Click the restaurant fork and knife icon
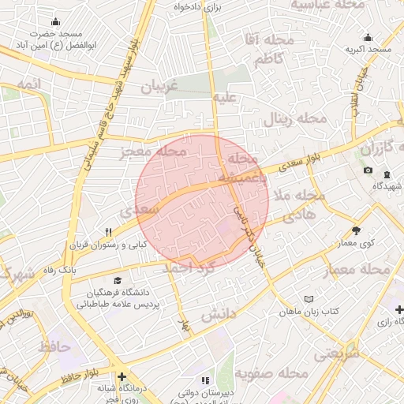click(109, 232)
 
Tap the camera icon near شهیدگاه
click(368, 170)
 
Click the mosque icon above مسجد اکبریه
click(368, 37)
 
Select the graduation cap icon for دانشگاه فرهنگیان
click(118, 280)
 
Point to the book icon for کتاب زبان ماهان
click(309, 299)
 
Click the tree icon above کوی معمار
click(357, 230)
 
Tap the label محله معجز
click(153, 151)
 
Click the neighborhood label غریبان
click(160, 86)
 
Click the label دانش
click(219, 315)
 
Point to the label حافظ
click(54, 346)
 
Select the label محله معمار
click(356, 271)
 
